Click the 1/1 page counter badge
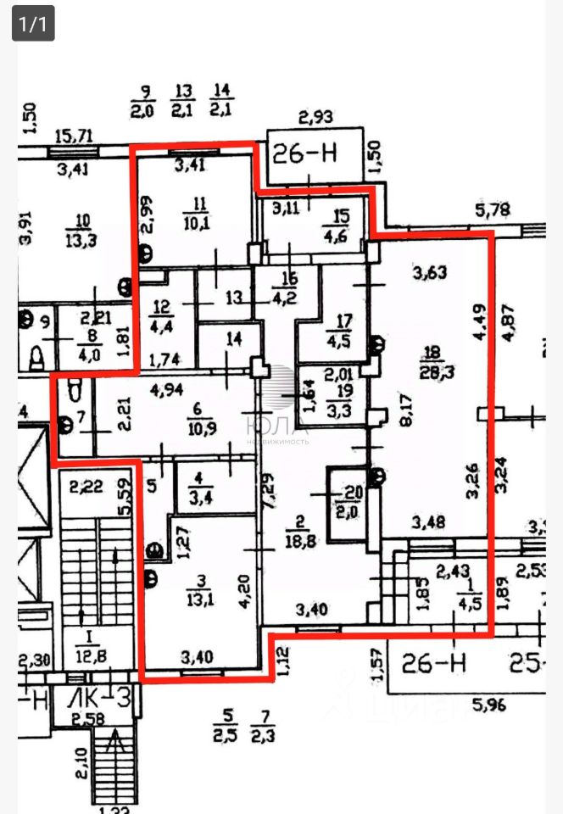[x=33, y=23]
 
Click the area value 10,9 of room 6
[x=198, y=427]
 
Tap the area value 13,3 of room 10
[x=82, y=240]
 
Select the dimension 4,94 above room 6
[x=167, y=390]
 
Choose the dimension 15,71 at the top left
[x=73, y=135]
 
